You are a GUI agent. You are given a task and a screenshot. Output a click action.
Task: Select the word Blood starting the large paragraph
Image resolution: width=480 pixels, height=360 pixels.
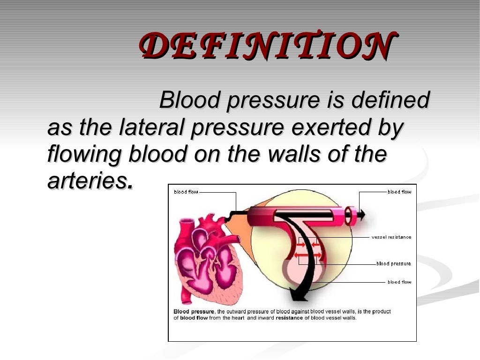coord(189,101)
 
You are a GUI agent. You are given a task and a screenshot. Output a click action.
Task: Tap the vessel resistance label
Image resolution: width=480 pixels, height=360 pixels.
coord(391,237)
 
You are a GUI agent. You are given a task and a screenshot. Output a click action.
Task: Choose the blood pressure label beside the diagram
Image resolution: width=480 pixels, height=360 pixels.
coord(393,264)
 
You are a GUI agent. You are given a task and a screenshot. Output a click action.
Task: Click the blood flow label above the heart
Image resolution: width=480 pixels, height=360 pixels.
coord(186,192)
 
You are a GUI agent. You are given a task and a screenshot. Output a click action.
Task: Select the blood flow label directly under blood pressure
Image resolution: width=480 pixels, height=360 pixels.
coord(399,282)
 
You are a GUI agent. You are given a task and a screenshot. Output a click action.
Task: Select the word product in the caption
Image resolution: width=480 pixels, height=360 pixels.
coord(381,312)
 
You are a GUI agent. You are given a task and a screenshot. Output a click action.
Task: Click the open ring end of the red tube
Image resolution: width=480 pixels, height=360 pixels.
coord(349,216)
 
